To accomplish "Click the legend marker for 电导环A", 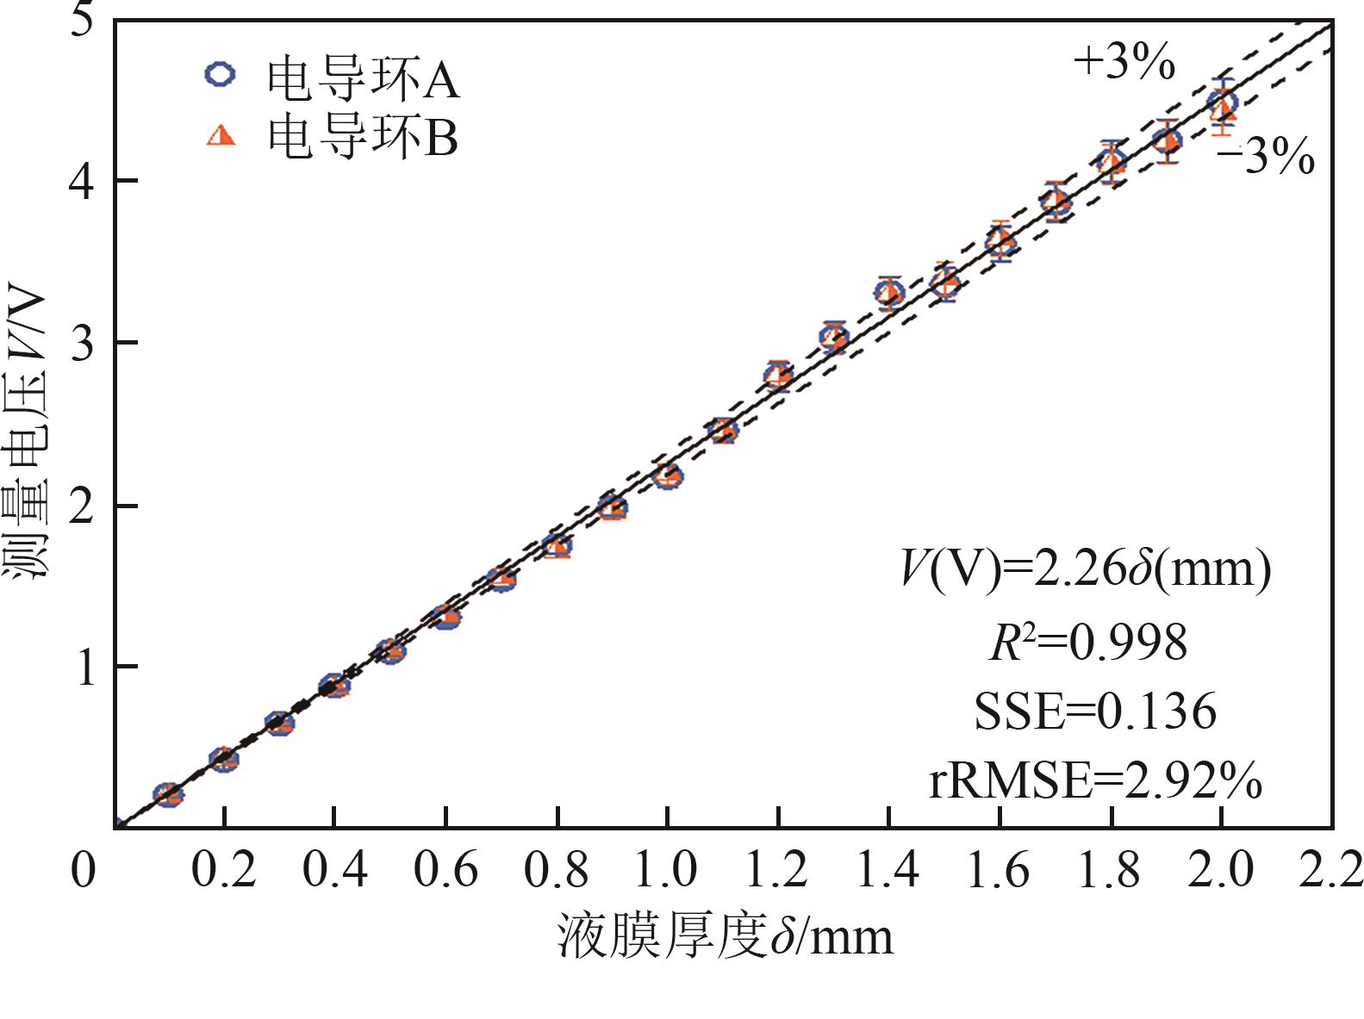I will pos(220,74).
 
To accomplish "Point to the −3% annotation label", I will pos(1265,158).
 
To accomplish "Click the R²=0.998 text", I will pos(1087,643).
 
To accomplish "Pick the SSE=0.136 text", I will pos(1094,712).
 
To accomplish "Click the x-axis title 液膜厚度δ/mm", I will pos(725,936).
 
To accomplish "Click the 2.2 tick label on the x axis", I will pos(1331,869).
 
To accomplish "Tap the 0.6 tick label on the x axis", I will pos(445,869).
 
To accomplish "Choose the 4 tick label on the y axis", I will pos(83,181).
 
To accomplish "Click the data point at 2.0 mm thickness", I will pos(1222,104).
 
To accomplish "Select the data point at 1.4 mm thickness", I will pos(889,294).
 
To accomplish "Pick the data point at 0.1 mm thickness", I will pos(168,794).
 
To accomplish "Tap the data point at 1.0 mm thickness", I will pos(667,475).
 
